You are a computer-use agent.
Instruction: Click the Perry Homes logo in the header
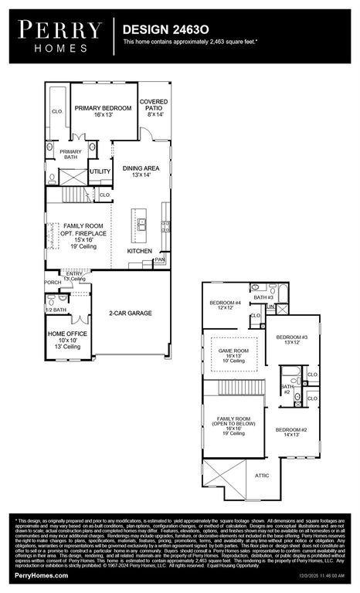click(x=60, y=36)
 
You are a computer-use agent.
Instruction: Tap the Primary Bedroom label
click(x=104, y=109)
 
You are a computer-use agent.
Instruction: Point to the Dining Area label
click(x=141, y=168)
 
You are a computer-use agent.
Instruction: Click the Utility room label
click(x=100, y=171)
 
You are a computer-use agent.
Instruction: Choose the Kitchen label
click(x=140, y=251)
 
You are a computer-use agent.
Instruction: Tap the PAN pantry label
click(x=160, y=260)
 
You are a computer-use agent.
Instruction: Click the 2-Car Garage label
click(x=129, y=313)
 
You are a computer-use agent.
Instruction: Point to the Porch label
click(x=53, y=283)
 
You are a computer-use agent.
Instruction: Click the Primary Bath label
click(x=70, y=154)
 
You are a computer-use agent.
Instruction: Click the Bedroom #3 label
click(x=293, y=337)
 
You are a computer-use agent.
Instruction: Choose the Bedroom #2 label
click(x=293, y=429)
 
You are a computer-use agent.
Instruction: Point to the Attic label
click(x=263, y=476)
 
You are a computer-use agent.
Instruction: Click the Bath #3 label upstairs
click(x=264, y=297)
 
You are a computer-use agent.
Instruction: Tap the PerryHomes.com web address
click(x=33, y=576)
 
